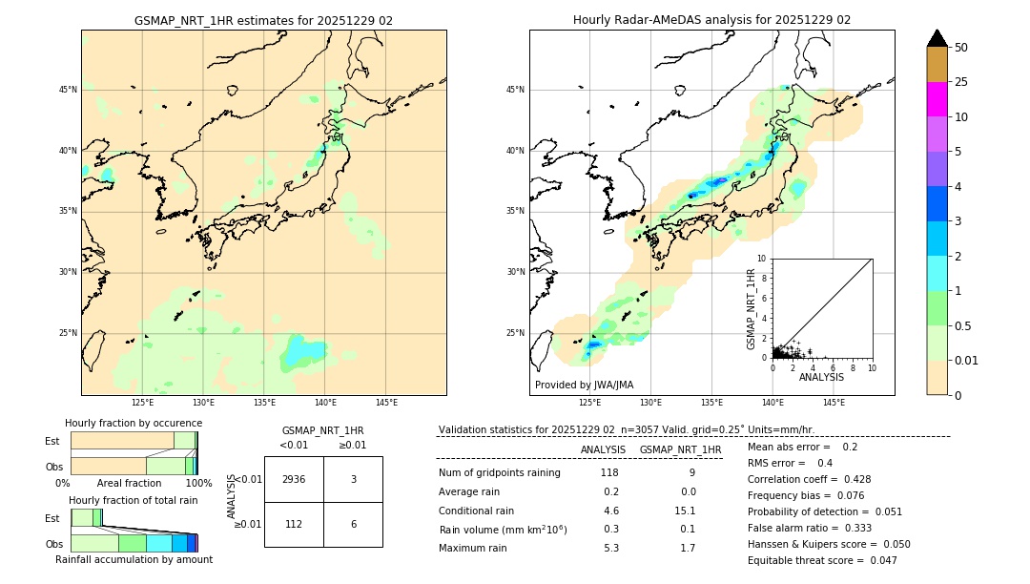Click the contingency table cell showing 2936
[x=294, y=479]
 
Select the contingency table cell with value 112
[x=294, y=523]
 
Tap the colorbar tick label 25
[x=961, y=82]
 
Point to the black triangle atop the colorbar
[x=937, y=38]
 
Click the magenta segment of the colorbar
[x=937, y=99]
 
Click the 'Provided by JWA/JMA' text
[x=584, y=385]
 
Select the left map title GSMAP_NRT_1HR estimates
[x=263, y=20]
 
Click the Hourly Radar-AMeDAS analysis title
[x=711, y=20]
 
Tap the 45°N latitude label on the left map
[x=68, y=90]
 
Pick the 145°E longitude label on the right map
[x=834, y=403]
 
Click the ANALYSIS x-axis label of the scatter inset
[x=821, y=377]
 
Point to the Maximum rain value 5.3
[x=610, y=548]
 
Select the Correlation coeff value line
[x=809, y=479]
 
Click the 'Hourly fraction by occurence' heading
[x=133, y=423]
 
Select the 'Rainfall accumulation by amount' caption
[x=134, y=559]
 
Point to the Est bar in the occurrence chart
[x=133, y=441]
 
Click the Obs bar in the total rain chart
[x=133, y=543]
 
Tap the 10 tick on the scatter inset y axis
[x=761, y=259]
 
